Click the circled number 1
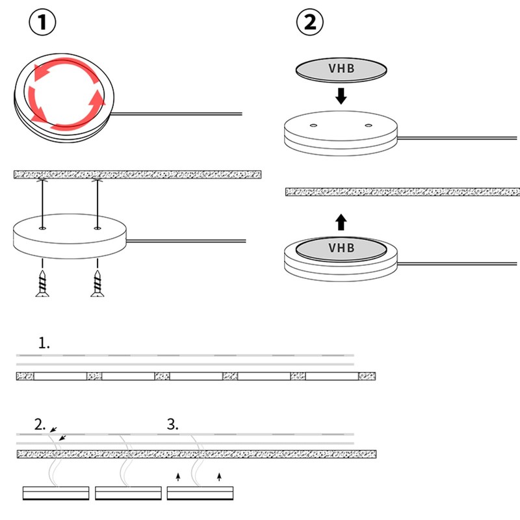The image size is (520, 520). pos(42,22)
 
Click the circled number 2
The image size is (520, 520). pos(310,22)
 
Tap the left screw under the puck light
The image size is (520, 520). pos(42,283)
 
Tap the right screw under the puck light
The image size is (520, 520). pos(97,283)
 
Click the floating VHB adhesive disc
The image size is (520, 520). pos(341,70)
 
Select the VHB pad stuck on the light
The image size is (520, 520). pos(341,248)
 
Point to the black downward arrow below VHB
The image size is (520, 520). pos(341,96)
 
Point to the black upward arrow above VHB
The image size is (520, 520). pos(341,222)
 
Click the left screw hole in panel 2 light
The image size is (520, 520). pos(313,125)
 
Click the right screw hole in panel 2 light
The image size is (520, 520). pos(368,125)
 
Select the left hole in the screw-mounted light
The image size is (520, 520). pos(42,228)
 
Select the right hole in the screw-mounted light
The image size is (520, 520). pos(97,228)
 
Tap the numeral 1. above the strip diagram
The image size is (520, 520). pos(44,343)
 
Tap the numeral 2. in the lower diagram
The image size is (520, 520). pos(40,424)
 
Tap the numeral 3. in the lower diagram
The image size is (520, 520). pos(172,424)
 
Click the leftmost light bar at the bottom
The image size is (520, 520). pos(56,493)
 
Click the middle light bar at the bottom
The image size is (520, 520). pos(128,493)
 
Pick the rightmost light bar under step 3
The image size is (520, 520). pos(200,493)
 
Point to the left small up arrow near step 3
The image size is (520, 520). pos(178,477)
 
